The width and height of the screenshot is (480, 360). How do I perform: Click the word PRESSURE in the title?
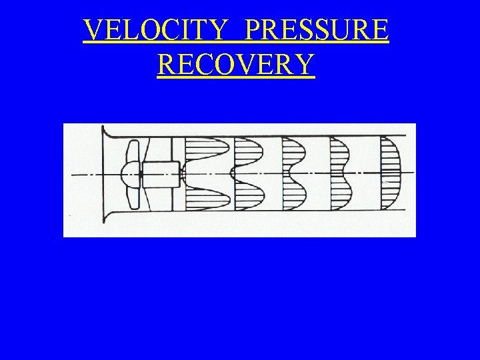(317, 30)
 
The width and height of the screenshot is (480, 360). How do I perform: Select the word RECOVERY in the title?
(235, 65)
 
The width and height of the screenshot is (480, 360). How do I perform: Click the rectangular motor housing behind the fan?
(161, 175)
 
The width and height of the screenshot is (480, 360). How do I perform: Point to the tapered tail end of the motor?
(181, 174)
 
